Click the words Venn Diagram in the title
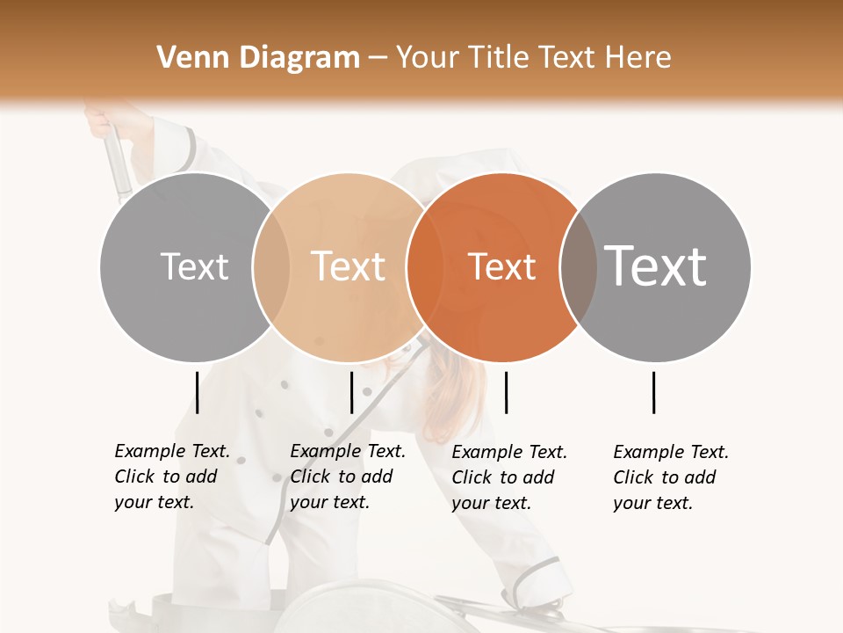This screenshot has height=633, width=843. pos(258,58)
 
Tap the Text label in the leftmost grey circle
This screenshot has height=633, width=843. pos(194,266)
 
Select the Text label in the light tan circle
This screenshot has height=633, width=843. pos(349,266)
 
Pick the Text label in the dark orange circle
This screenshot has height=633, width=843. pos(502,266)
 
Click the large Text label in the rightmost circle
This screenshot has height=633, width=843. pos(656,266)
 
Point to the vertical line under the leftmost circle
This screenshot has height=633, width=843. pos(197,392)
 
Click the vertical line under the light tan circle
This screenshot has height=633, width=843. pos(351,392)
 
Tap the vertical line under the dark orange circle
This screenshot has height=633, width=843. pos(506,392)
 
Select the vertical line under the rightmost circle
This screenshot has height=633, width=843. pos(653,392)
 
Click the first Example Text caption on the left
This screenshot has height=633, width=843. pos(172,451)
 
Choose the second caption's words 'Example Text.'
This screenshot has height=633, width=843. pos(348,451)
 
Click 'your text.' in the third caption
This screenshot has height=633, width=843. pos(491,503)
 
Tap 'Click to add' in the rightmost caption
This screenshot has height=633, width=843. pos(664,477)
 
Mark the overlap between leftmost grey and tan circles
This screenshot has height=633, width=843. pos(271,267)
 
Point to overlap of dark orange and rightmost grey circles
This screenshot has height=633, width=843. pos(578,267)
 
